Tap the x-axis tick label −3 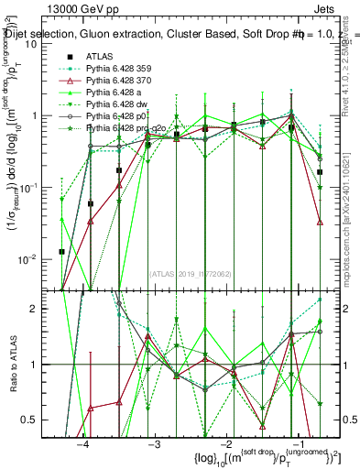coord(154,442)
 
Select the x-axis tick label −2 coord(224,442)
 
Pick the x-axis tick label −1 coord(295,442)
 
